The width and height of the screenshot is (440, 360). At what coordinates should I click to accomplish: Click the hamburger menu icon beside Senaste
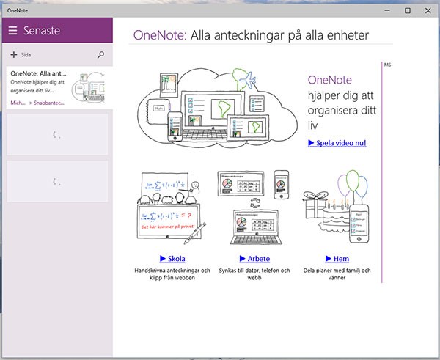[x=12, y=31]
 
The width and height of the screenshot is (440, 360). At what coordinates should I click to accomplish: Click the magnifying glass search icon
[x=101, y=54]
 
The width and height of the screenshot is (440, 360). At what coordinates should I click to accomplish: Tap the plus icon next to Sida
[x=14, y=55]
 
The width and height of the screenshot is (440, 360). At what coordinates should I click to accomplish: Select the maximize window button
[x=408, y=10]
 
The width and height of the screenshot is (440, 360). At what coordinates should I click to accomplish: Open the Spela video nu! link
[x=337, y=143]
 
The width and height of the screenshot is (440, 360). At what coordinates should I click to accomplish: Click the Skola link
[x=172, y=259]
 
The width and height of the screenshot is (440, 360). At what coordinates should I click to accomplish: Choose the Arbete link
[x=254, y=259]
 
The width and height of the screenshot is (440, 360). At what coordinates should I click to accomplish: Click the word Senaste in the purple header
[x=42, y=31]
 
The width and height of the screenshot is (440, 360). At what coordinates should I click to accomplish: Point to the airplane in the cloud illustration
[x=249, y=78]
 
